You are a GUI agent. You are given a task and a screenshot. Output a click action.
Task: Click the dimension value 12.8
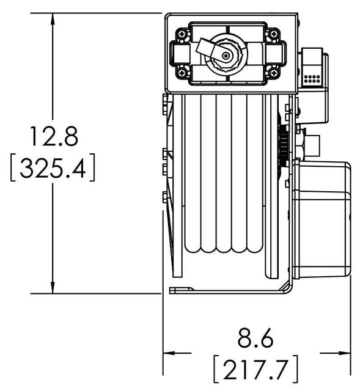tap(54, 136)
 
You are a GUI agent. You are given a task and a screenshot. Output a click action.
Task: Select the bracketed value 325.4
tap(53, 168)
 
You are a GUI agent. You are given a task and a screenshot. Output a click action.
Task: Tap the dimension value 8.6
tap(255, 338)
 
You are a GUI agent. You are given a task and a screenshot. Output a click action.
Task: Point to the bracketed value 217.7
tap(255, 369)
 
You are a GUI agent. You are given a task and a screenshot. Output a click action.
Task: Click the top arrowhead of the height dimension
tap(53, 19)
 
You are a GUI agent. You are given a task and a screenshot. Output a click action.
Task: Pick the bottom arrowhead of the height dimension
tap(53, 287)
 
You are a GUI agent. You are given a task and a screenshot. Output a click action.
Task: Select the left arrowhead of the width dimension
tap(169, 353)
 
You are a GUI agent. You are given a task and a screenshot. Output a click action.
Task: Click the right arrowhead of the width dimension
tap(345, 353)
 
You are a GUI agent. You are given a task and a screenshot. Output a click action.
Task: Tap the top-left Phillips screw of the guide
tap(182, 34)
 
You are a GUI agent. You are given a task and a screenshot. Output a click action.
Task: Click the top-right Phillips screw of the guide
tap(274, 34)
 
